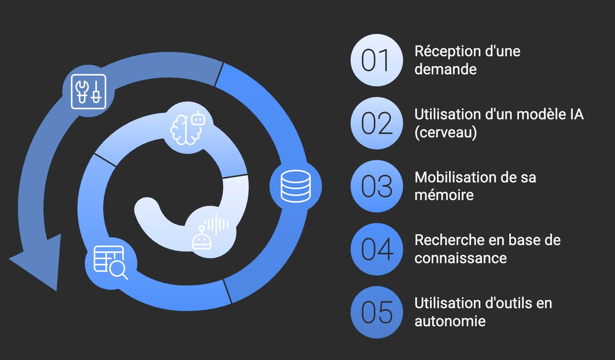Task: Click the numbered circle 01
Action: (x=377, y=60)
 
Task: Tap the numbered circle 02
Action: (x=377, y=123)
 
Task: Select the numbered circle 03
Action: (x=377, y=186)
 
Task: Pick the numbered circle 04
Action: (x=377, y=249)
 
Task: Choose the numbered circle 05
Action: (x=377, y=312)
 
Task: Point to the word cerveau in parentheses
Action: (x=446, y=132)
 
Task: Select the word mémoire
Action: (x=444, y=195)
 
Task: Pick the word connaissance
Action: (x=461, y=258)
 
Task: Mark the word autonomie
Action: (x=450, y=321)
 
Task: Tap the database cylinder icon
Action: (x=295, y=186)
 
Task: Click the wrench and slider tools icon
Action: (x=88, y=91)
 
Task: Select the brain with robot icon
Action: (x=188, y=128)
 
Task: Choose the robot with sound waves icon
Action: (x=209, y=232)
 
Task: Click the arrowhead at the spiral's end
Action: (x=38, y=261)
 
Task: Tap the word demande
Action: (x=445, y=70)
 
